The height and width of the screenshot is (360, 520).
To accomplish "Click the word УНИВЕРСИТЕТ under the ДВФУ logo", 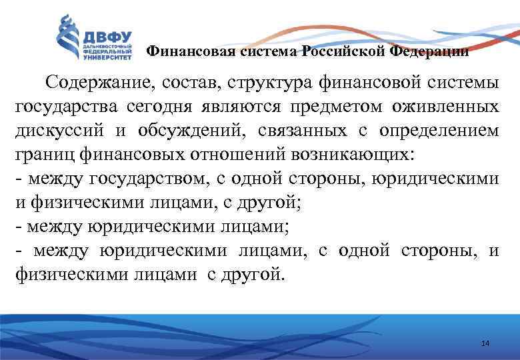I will tap(107, 58).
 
